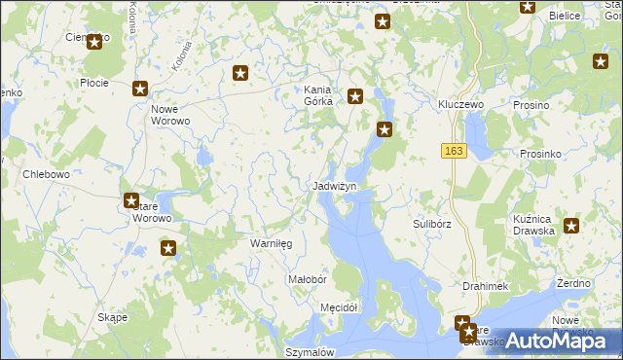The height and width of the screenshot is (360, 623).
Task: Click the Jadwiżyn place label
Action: point(335,186)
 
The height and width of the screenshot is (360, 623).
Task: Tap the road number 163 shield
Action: point(453,152)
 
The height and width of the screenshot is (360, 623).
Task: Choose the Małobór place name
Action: point(307,279)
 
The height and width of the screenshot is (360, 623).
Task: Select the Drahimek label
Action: point(487,286)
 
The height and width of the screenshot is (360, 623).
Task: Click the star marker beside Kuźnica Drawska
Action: point(571,227)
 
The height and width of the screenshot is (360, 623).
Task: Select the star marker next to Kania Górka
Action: point(355,96)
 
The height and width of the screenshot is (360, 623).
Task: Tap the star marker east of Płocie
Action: point(140,89)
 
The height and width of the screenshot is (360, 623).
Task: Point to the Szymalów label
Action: point(311,352)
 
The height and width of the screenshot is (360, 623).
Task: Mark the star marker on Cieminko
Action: point(94,42)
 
